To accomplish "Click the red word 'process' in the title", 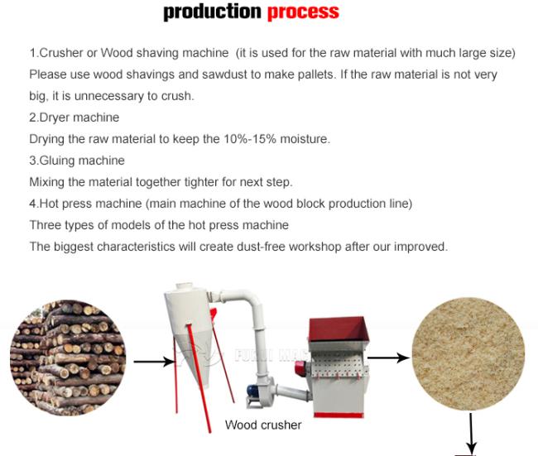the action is (303, 12).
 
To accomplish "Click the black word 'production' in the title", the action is (213, 11).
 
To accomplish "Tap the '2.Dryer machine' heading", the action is (74, 118).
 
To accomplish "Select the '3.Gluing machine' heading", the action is (77, 161).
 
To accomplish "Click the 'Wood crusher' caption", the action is (263, 425).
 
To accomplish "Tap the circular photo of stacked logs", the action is (68, 358).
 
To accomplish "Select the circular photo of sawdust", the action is (468, 353).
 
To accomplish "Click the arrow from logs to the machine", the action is (154, 362).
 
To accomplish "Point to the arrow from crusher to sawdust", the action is (388, 358).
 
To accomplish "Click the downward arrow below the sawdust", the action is (471, 433).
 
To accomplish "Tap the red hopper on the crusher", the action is (339, 330).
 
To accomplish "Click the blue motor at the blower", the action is (253, 391).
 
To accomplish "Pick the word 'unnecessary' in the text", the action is (108, 96).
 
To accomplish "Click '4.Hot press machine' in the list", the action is (85, 204).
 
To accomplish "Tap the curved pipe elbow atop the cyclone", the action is (245, 300).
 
